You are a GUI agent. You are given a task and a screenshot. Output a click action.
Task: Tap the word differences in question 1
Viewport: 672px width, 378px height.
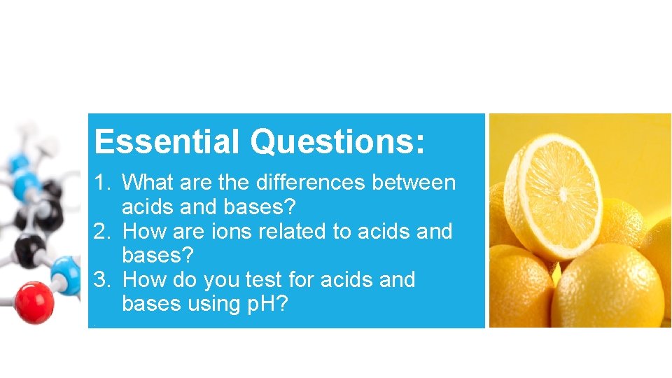(310, 183)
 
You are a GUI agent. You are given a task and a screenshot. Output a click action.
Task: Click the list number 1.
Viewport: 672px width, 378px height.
(102, 183)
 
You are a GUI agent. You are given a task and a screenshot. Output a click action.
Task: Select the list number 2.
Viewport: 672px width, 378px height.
(102, 231)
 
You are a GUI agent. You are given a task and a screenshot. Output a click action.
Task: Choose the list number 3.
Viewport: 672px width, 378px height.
(102, 280)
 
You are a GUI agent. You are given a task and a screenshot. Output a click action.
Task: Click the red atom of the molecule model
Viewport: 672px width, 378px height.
(34, 302)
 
